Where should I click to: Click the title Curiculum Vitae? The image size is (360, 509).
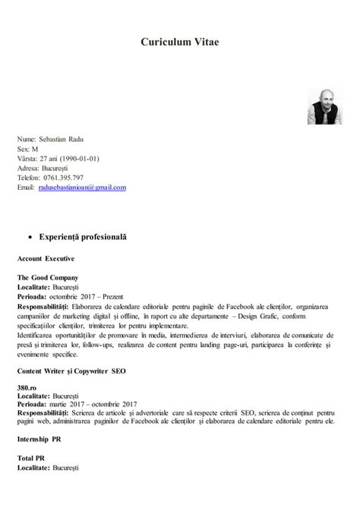tap(180, 44)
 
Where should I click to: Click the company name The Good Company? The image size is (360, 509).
tap(48, 278)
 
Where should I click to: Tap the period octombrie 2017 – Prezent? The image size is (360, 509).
tap(88, 296)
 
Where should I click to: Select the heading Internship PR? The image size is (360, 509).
tap(40, 440)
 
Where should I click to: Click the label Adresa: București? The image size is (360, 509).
tap(47, 168)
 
